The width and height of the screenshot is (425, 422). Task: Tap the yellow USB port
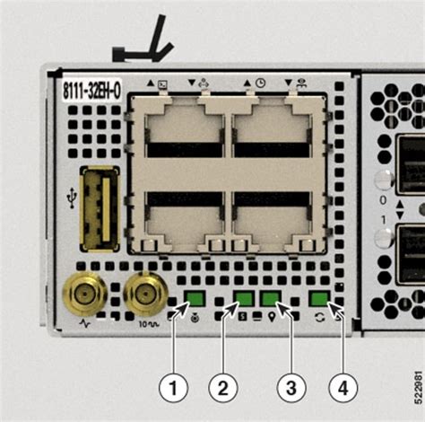click(99, 208)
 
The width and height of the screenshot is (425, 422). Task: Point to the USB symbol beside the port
click(72, 195)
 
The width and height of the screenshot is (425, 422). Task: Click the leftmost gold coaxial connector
click(85, 293)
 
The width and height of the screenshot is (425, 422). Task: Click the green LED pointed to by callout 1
click(195, 299)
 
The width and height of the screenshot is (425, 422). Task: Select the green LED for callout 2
click(244, 299)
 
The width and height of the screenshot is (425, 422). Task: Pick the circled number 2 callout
click(223, 389)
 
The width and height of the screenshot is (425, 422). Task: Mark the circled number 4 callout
click(338, 389)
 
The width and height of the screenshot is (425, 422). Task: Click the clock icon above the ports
click(260, 83)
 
